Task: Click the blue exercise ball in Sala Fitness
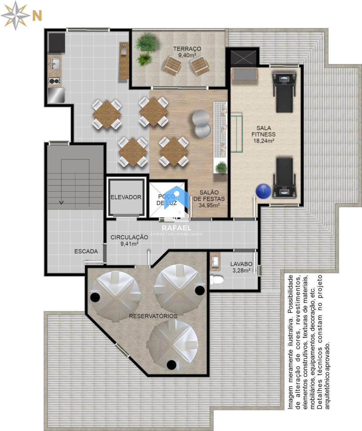click(x=263, y=191)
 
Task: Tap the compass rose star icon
click(x=15, y=15)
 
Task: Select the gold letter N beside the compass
click(x=37, y=16)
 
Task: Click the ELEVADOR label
click(x=126, y=197)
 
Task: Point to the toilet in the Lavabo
click(x=217, y=280)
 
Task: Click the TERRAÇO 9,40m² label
click(x=187, y=52)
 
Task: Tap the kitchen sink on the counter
click(x=55, y=63)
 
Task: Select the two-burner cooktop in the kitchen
click(x=55, y=81)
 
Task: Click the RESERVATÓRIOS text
click(x=153, y=316)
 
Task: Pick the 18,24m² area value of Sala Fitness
click(x=264, y=141)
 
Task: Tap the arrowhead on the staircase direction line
click(x=61, y=202)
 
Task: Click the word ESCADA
click(x=86, y=252)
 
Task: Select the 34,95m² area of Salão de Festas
click(x=209, y=205)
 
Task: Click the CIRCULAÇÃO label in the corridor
click(x=129, y=237)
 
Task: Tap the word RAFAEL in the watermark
click(x=176, y=228)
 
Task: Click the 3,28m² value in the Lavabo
click(x=241, y=271)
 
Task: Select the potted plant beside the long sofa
click(x=221, y=167)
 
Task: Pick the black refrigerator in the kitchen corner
click(x=57, y=43)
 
